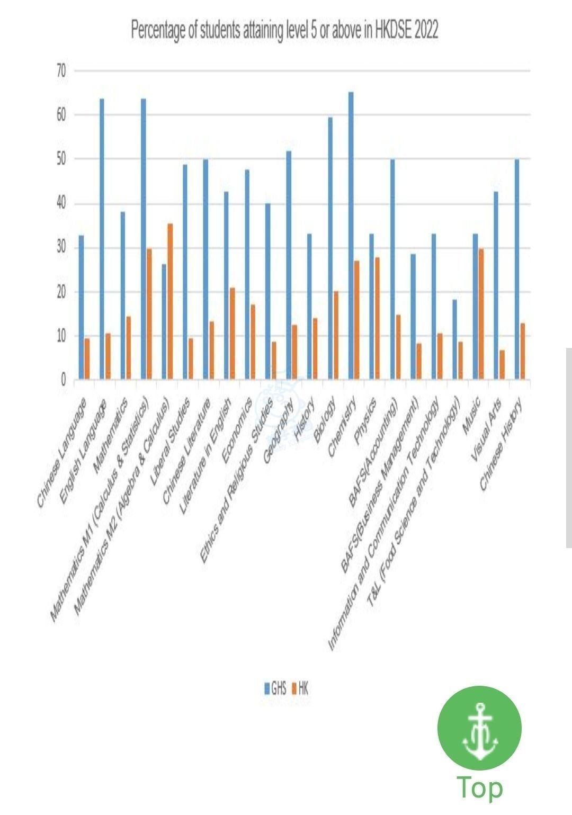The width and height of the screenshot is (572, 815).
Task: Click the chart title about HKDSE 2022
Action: click(x=284, y=31)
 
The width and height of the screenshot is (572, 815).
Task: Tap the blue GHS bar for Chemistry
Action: click(x=351, y=236)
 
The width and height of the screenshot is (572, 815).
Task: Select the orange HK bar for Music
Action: click(x=481, y=314)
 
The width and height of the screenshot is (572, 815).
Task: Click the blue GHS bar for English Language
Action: click(x=102, y=239)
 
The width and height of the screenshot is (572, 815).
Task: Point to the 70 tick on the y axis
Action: click(x=61, y=70)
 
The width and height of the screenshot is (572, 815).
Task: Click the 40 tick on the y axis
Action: click(x=61, y=204)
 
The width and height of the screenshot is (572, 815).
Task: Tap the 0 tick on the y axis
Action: click(x=64, y=380)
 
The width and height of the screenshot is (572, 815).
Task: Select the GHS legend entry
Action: click(x=275, y=688)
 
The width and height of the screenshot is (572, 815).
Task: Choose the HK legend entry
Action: click(x=300, y=688)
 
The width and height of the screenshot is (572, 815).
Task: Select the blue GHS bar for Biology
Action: click(x=330, y=248)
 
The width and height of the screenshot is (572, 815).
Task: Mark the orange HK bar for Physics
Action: click(x=377, y=318)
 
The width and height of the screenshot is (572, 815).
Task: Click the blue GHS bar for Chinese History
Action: click(x=517, y=269)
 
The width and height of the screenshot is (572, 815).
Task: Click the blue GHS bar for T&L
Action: click(x=454, y=339)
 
